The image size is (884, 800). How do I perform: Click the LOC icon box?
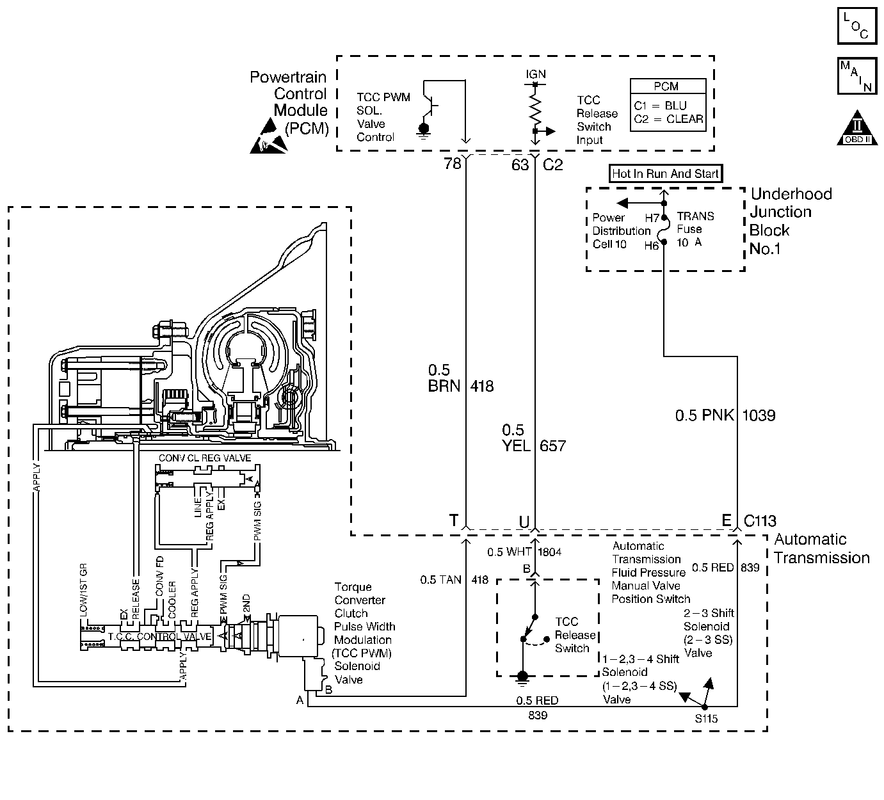click(x=857, y=26)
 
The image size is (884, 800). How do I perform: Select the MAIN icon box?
click(x=857, y=76)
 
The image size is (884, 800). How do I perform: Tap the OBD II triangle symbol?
click(x=857, y=127)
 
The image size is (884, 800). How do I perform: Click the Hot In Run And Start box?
click(x=666, y=173)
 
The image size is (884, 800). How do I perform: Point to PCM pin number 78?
click(x=452, y=164)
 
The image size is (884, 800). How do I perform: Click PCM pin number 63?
click(x=520, y=165)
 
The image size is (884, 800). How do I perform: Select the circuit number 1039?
click(x=759, y=415)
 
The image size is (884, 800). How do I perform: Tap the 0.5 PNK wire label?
click(x=705, y=415)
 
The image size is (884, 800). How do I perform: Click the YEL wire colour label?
click(x=516, y=445)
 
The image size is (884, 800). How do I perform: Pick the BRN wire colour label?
click(x=444, y=386)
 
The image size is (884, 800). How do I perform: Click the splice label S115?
click(x=707, y=719)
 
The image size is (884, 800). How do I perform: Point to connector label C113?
click(x=760, y=521)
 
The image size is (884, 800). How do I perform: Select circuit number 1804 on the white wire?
click(x=549, y=552)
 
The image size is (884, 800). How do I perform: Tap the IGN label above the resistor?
click(x=536, y=74)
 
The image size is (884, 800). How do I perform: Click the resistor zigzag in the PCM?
click(x=535, y=111)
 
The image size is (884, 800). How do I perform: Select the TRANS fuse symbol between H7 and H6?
click(x=663, y=230)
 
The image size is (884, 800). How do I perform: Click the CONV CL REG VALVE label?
click(x=205, y=458)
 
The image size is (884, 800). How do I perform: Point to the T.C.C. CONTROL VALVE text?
click(x=160, y=637)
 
